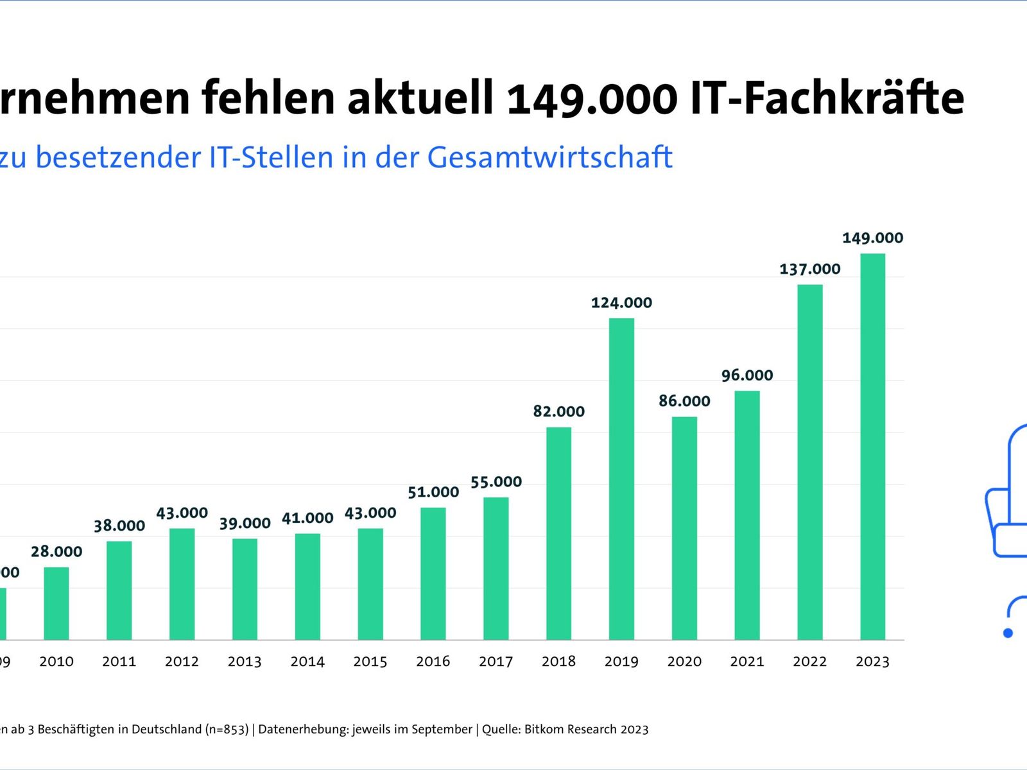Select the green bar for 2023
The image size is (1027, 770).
[x=872, y=447]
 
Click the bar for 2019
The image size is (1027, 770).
[x=621, y=479]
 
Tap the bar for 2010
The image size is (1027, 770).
[x=56, y=603]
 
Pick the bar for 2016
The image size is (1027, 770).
[x=433, y=574]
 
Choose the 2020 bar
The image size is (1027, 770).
[x=684, y=528]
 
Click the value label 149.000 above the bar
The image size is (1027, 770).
[x=872, y=238]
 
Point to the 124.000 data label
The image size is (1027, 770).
[x=621, y=303]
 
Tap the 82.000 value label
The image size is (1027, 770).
[x=558, y=411]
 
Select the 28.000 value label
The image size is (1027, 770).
[x=56, y=552]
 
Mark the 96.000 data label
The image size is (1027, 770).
[x=747, y=375]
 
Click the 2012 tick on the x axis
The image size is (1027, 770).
[x=182, y=662]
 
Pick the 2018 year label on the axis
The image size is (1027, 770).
[x=558, y=662]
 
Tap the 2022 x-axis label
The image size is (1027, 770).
[x=809, y=662]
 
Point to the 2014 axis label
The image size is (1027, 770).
[x=307, y=662]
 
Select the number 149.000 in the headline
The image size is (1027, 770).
[x=592, y=98]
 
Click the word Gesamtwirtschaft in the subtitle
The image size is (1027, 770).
[x=549, y=157]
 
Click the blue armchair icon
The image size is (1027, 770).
[x=1008, y=494]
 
